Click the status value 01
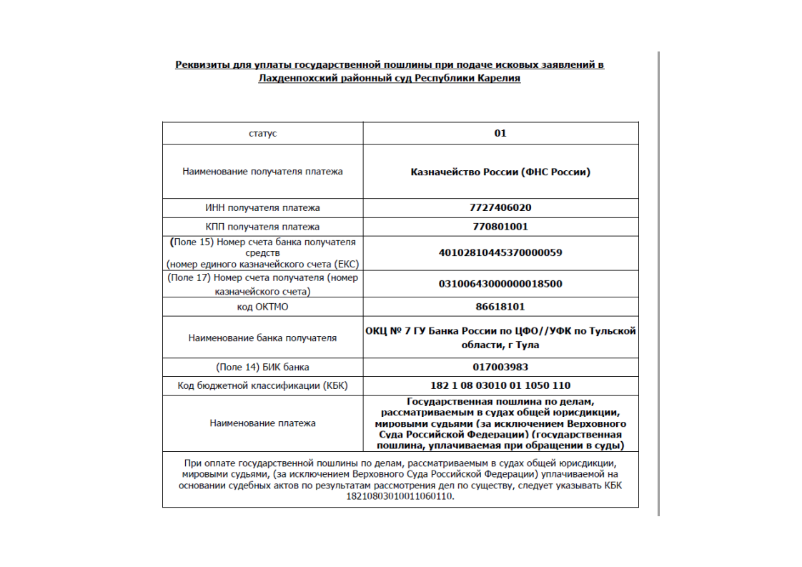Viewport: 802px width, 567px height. pyautogui.click(x=500, y=133)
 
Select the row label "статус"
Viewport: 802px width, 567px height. pyautogui.click(x=262, y=134)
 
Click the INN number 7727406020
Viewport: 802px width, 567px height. pyautogui.click(x=500, y=207)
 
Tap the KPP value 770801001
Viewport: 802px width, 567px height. pyautogui.click(x=500, y=227)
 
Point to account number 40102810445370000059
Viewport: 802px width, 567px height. pyautogui.click(x=500, y=252)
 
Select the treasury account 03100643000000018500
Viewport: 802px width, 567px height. pyautogui.click(x=500, y=283)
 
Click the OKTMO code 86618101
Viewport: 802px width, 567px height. pyautogui.click(x=500, y=307)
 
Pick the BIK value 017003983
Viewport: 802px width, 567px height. pyautogui.click(x=500, y=367)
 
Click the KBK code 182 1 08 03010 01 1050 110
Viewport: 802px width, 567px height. pyautogui.click(x=500, y=385)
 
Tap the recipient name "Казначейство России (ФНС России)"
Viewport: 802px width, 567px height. pyautogui.click(x=500, y=172)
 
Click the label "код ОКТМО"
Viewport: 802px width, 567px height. pyautogui.click(x=262, y=307)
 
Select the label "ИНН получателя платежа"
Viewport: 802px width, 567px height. pyautogui.click(x=262, y=207)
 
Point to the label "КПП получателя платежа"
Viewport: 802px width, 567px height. pyautogui.click(x=262, y=227)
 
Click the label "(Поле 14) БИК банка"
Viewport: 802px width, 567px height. pyautogui.click(x=262, y=367)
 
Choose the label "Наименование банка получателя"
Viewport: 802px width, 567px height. pyautogui.click(x=262, y=337)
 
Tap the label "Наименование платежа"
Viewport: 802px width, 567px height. pyautogui.click(x=262, y=423)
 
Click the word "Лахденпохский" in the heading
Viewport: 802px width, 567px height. pyautogui.click(x=294, y=79)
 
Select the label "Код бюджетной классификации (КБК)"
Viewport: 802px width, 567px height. pyautogui.click(x=262, y=386)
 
